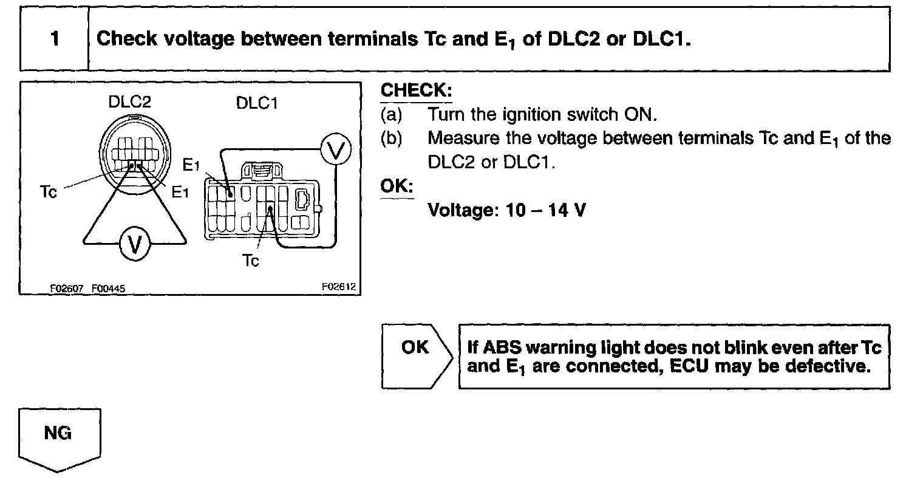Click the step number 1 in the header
point(55,39)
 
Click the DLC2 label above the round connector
point(126,102)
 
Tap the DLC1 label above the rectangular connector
point(257,104)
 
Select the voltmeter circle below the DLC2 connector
point(134,244)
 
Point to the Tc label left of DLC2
point(49,193)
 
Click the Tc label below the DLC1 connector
point(251,261)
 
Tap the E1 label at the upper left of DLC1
point(191,165)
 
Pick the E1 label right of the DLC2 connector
point(180,193)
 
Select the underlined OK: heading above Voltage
point(397,187)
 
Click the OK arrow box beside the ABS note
point(415,355)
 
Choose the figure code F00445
point(109,289)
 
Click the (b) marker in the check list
point(390,138)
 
